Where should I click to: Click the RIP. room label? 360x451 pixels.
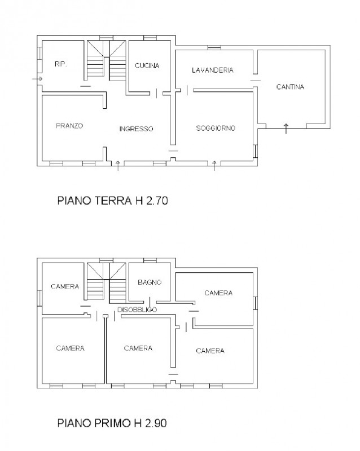[x=60, y=64]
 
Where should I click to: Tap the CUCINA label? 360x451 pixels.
[x=147, y=65]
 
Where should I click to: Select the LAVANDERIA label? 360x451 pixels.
[x=213, y=70]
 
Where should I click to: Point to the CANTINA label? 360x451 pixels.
[x=290, y=87]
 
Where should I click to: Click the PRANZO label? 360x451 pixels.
[x=69, y=126]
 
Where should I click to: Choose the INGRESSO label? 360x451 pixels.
[x=136, y=129]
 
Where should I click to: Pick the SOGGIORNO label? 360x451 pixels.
[x=216, y=128]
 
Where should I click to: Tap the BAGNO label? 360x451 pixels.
[x=150, y=282]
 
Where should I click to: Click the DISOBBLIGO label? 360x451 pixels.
[x=137, y=309]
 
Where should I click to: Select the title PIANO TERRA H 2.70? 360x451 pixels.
[x=113, y=201]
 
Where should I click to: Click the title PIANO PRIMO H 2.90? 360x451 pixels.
[x=112, y=423]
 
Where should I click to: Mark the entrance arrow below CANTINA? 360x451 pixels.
[x=286, y=129]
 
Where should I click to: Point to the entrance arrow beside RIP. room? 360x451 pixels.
[x=37, y=79]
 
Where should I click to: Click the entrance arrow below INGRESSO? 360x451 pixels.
[x=118, y=166]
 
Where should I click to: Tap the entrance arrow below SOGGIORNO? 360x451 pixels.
[x=214, y=166]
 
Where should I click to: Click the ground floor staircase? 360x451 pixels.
[x=107, y=61]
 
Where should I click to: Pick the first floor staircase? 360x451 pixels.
[x=107, y=283]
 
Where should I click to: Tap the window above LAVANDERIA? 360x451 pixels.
[x=214, y=47]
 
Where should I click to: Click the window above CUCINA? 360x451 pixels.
[x=150, y=38]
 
